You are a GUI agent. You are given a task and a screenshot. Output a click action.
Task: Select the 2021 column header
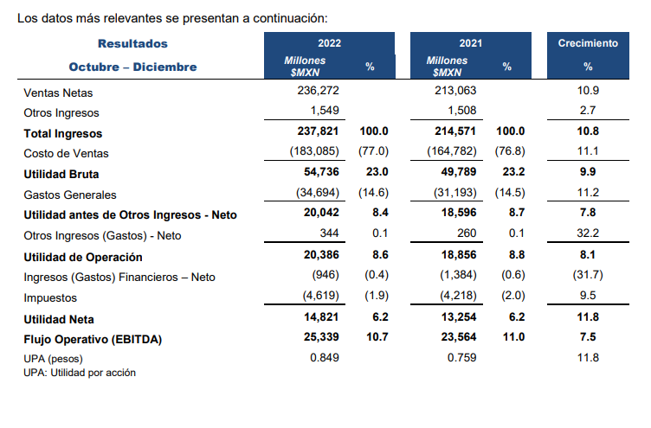pos(471,43)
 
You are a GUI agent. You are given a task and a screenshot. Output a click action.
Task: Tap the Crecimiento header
pos(588,43)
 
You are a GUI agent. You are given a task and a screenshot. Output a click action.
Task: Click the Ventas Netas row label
pos(58,92)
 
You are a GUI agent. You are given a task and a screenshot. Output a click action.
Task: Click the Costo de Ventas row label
pos(66,153)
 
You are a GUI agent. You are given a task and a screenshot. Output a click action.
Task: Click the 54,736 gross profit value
pos(320,174)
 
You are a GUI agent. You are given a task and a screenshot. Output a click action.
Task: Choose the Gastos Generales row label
pos(70,195)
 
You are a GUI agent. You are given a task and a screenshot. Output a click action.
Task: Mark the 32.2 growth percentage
pos(589,235)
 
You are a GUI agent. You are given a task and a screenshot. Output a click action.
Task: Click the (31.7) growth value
pos(589,277)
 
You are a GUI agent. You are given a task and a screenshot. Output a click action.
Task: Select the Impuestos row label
pos(50,297)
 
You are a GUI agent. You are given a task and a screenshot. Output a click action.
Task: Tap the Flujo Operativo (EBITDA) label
pos(93,339)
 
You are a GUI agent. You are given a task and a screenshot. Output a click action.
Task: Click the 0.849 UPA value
pos(325,358)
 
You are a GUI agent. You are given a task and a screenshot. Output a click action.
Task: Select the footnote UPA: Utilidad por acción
pos(80,373)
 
